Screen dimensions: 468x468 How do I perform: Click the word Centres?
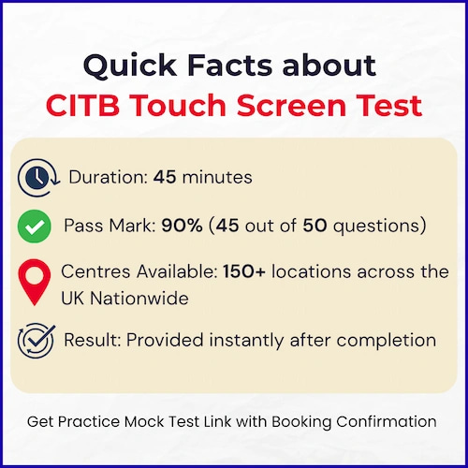pos(95,271)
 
